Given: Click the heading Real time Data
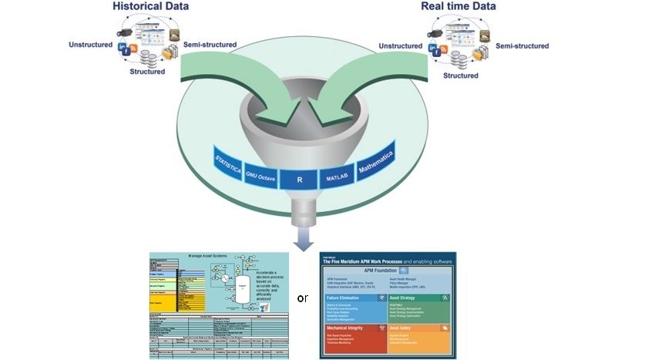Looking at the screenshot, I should point(458,7).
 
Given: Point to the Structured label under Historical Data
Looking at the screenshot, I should point(146,72).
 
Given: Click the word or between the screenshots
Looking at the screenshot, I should point(302,298).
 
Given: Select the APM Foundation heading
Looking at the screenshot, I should point(388,271).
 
